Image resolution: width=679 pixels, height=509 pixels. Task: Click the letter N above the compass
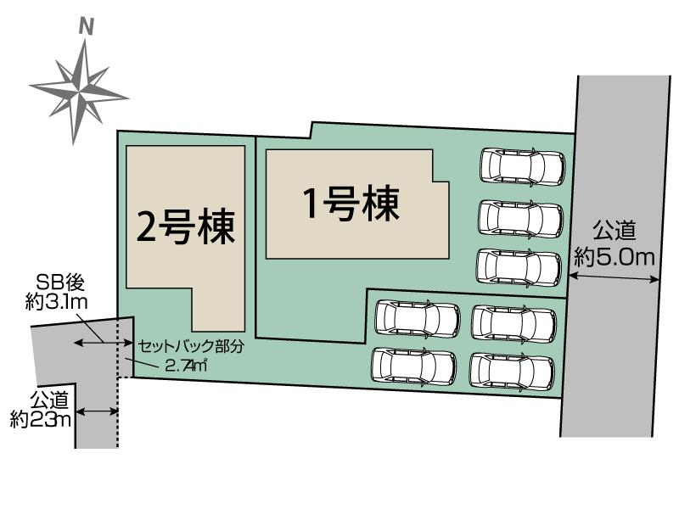click(x=86, y=27)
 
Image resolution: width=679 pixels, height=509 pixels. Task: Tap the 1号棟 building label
click(x=351, y=204)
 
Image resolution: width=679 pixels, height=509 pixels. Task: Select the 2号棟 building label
click(x=186, y=227)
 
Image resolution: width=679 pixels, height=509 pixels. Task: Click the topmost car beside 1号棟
click(x=521, y=166)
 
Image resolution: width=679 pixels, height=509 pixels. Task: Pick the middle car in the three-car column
click(x=521, y=218)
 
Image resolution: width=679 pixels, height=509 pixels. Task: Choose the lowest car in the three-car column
click(x=519, y=266)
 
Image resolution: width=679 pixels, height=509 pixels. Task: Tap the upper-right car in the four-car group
click(x=513, y=322)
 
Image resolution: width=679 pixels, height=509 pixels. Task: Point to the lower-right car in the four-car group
click(x=512, y=370)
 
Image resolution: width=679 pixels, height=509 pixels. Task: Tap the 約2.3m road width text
click(x=41, y=418)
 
